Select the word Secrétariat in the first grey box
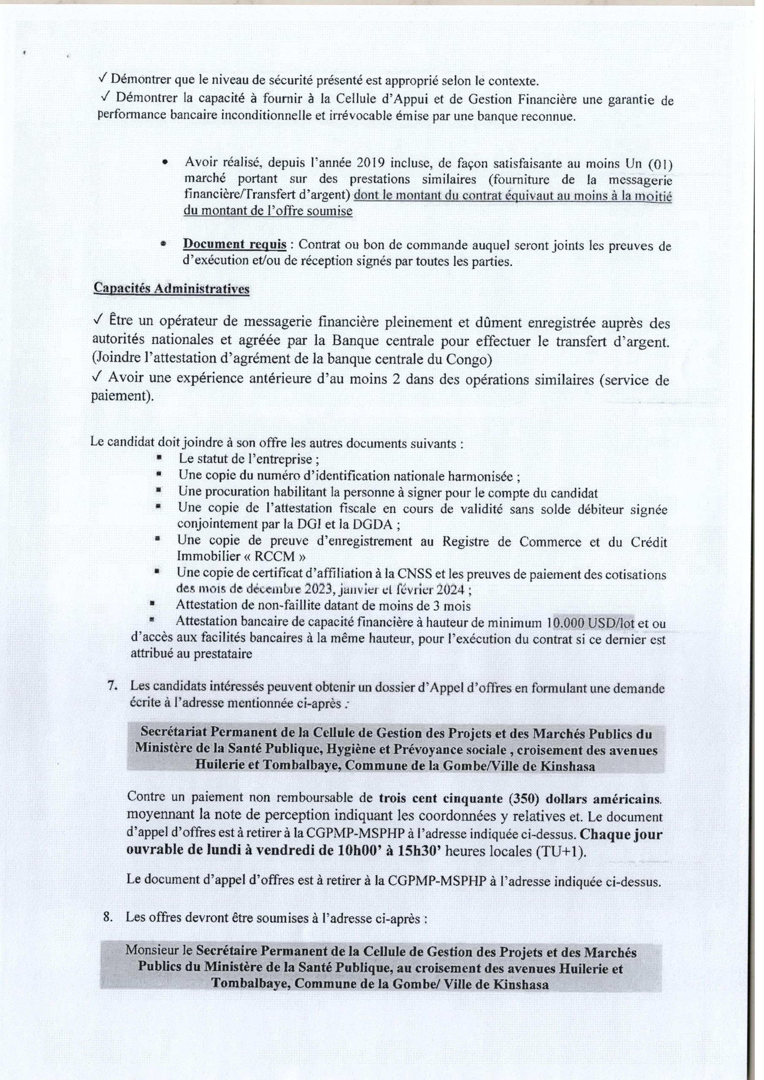(172, 734)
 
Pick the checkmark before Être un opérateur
(99, 320)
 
